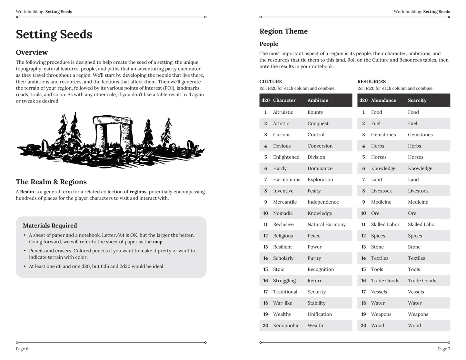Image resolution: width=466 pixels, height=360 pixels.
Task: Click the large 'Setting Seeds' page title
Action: point(54,34)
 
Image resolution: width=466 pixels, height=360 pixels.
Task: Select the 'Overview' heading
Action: point(32,53)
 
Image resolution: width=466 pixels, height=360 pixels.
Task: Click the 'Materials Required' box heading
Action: point(50,226)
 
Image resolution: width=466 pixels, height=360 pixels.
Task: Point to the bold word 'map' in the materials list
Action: point(157,242)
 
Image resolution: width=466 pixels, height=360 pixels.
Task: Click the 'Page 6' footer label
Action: point(22,349)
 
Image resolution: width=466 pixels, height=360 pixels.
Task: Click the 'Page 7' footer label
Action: point(444,349)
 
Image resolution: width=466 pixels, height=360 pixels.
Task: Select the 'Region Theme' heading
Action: point(283,31)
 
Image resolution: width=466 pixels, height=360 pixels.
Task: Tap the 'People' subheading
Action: point(269,44)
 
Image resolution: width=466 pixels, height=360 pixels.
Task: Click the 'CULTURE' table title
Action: point(271,82)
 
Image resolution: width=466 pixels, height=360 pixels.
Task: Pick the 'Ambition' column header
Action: point(318,100)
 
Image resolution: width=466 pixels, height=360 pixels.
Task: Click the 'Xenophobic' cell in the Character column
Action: point(286,326)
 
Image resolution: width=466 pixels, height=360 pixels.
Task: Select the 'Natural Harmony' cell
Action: point(326,224)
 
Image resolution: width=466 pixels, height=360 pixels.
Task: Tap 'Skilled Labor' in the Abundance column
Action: point(385,224)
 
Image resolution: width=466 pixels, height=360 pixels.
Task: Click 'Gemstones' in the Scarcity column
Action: point(420,135)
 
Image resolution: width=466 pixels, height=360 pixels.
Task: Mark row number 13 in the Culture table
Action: point(265,247)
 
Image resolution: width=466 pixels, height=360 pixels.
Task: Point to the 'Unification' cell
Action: point(319,314)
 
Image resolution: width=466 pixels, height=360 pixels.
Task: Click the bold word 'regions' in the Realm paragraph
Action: point(138,192)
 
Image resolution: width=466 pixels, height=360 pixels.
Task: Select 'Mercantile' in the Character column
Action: point(285,202)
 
